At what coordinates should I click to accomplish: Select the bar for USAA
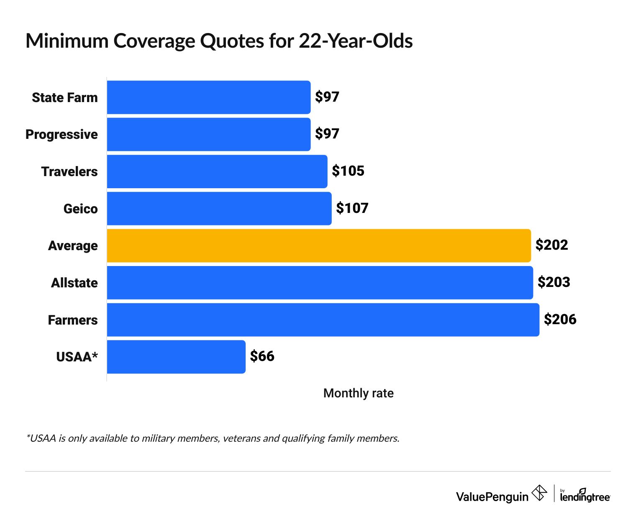[x=176, y=357]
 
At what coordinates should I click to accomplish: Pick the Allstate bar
[x=320, y=283]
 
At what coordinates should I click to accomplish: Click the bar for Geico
[x=219, y=208]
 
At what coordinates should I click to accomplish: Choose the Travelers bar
[x=217, y=171]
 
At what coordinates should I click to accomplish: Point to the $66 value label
[x=262, y=356]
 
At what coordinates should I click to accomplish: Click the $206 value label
[x=560, y=320]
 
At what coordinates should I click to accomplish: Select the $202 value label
[x=551, y=245]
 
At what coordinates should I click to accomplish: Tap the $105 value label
[x=348, y=171]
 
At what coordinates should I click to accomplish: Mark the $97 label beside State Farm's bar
[x=327, y=97]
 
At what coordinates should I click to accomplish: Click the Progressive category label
[x=62, y=134]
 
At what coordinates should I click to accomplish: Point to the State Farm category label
[x=65, y=97]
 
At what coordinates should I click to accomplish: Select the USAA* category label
[x=77, y=357]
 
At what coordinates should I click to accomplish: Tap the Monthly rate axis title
[x=358, y=393]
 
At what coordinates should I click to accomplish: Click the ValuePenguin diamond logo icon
[x=539, y=493]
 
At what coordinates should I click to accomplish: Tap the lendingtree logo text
[x=585, y=497]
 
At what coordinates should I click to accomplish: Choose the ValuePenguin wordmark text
[x=492, y=497]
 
